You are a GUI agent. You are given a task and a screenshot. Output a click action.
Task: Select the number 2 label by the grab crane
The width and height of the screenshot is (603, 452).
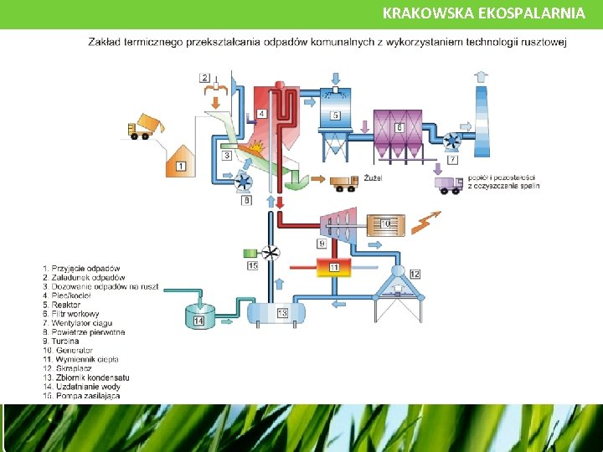205,78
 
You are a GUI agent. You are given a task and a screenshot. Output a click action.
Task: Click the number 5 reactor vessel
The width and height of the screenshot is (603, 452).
335,116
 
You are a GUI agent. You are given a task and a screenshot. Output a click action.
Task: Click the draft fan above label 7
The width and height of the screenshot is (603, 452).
453,141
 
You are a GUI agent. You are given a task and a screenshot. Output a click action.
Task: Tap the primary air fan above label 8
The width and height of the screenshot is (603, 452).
245,182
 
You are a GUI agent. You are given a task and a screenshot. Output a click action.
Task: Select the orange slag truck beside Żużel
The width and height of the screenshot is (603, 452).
344,182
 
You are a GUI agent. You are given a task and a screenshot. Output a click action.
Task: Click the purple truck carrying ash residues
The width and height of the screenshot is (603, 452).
449,185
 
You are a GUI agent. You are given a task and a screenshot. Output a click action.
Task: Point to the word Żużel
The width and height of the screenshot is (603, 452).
374,178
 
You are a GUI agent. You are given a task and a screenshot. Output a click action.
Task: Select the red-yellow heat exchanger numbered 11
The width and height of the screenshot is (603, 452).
333,267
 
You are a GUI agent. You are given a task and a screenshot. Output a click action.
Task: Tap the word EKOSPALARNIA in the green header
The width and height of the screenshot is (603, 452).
525,13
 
